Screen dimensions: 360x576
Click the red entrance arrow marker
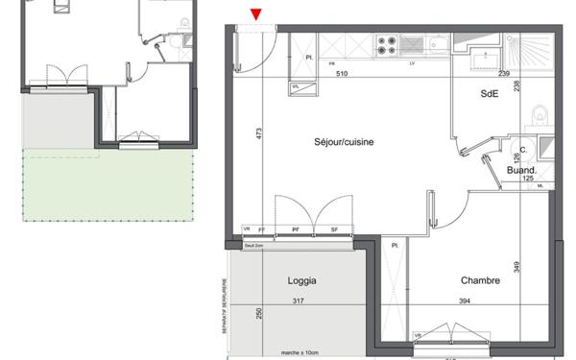pos(256,13)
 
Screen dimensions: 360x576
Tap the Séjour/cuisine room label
pos(343,142)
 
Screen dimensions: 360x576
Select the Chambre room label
pos(479,281)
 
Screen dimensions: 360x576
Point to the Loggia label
pos(302,281)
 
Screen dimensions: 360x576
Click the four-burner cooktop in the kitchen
pos(387,44)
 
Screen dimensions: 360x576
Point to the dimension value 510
pos(341,74)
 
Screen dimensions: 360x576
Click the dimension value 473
pos(258,134)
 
